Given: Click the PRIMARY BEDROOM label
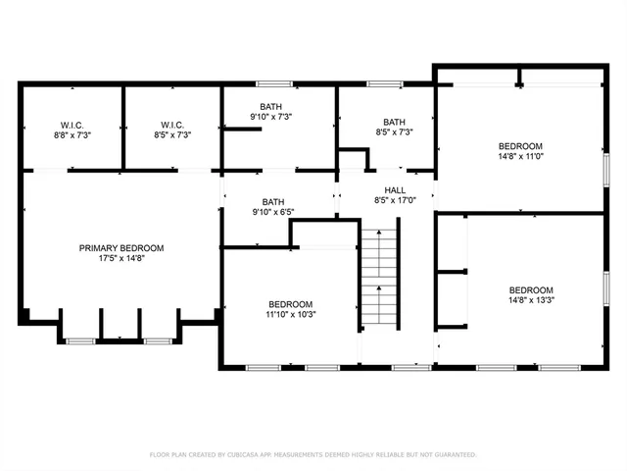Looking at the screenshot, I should pyautogui.click(x=121, y=248).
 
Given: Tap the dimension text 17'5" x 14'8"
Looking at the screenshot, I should pyautogui.click(x=121, y=260).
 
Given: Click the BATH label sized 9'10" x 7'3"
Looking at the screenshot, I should pyautogui.click(x=271, y=106).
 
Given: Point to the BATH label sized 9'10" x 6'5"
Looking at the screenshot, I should pyautogui.click(x=272, y=201).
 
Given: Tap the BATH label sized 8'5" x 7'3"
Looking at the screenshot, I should pyautogui.click(x=394, y=122).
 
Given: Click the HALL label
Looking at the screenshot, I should pyautogui.click(x=395, y=190).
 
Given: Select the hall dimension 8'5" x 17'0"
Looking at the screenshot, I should pyautogui.click(x=395, y=201).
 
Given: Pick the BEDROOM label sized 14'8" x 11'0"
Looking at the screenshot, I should pyautogui.click(x=520, y=146).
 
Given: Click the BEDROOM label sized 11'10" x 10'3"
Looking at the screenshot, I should pyautogui.click(x=291, y=303).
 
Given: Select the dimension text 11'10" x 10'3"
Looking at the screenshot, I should pyautogui.click(x=291, y=315).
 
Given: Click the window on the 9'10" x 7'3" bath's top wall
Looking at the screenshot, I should pyautogui.click(x=271, y=83).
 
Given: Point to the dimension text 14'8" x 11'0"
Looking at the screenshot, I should pyautogui.click(x=520, y=158).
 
